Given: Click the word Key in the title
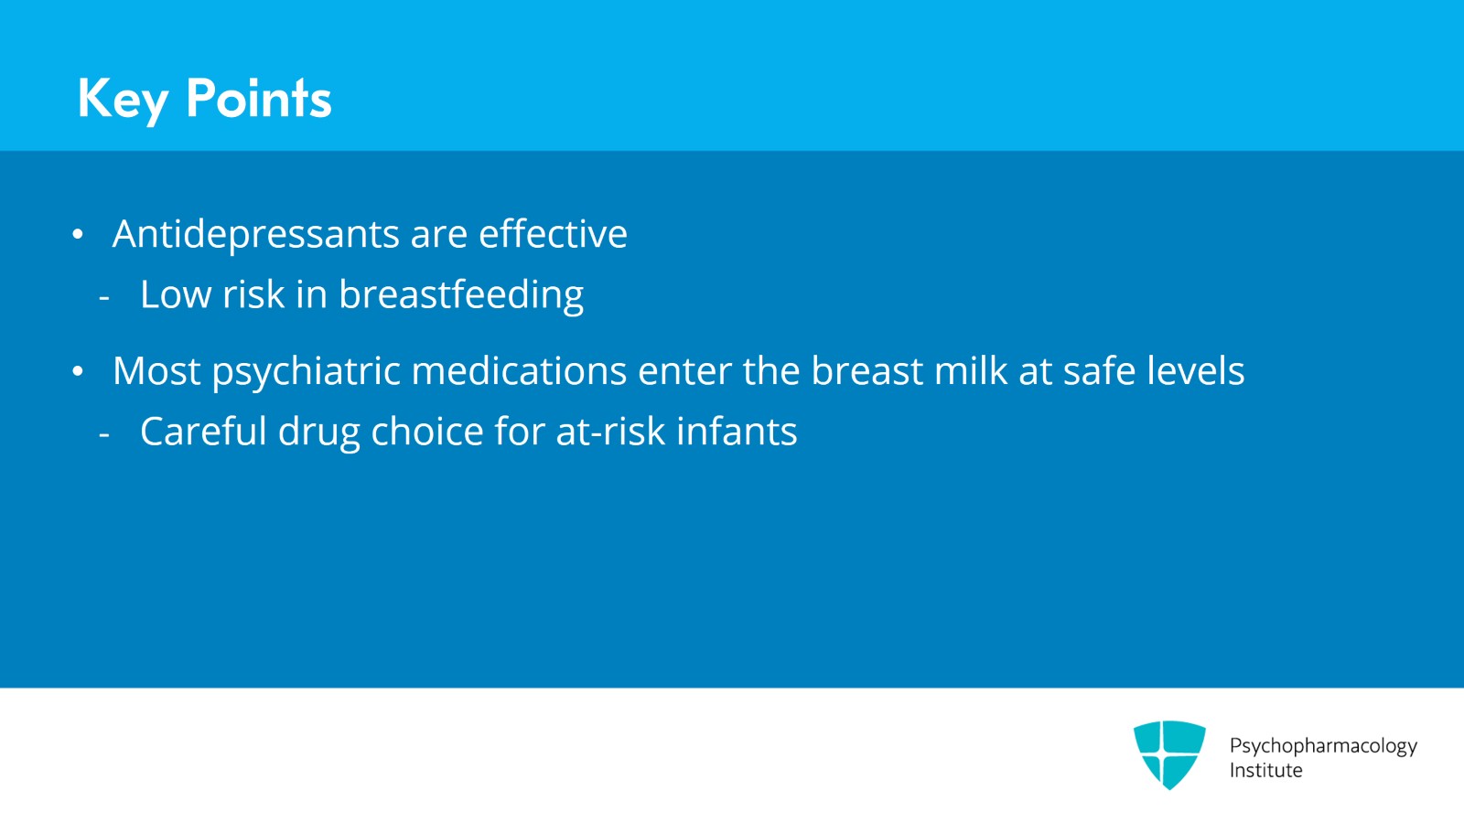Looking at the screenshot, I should coord(123,99).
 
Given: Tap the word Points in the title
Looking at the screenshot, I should coord(258,98).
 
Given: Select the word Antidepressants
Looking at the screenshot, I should coord(256,234).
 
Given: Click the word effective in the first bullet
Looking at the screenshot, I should coord(553,234).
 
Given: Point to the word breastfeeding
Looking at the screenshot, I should coord(461,295).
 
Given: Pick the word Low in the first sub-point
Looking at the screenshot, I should coord(175,294).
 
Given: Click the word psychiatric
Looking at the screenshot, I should coord(306,372).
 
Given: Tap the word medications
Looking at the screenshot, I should coord(519,371).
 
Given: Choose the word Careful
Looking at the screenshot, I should coord(203,432).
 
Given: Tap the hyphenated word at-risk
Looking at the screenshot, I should coord(610,432).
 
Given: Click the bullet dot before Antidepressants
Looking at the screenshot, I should coord(78,235).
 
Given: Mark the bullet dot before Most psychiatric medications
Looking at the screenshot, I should coord(78,372).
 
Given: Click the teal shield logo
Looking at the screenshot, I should coord(1168,754).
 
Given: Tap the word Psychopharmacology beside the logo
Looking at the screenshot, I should coord(1322,746).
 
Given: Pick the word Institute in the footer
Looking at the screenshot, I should coord(1265,771).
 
